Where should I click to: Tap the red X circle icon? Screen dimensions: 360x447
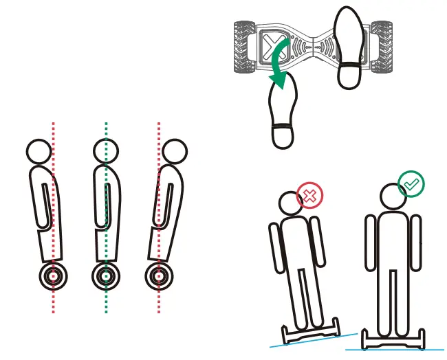click(309, 196)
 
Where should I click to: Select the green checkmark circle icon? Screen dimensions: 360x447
click(412, 184)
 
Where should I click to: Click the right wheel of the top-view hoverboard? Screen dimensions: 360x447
click(382, 47)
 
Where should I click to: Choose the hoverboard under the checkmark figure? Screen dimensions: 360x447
click(393, 339)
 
